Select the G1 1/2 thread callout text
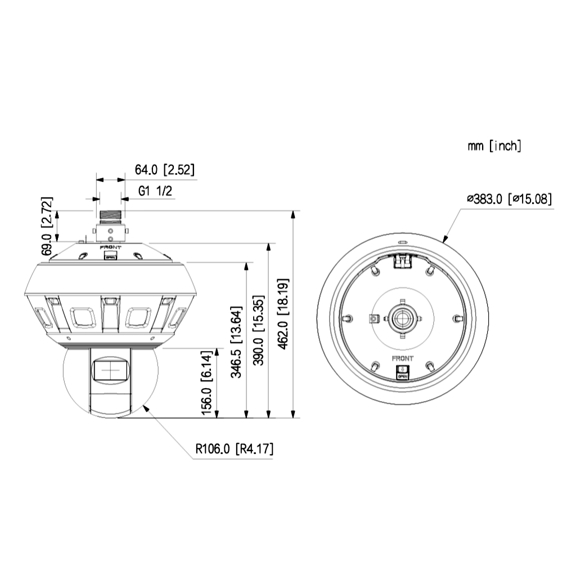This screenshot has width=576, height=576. coord(155,191)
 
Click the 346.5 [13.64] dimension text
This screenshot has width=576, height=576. coord(238,341)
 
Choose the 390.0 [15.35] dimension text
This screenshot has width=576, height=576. coord(260,330)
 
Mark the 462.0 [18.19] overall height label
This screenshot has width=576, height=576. coord(284,313)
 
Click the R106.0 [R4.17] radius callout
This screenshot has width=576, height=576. coord(235,449)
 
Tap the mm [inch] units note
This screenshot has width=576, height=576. coord(494,146)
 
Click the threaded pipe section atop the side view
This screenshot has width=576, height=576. coord(110,215)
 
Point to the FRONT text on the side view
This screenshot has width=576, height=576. coord(110,246)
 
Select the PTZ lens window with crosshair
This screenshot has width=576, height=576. coord(110,370)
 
